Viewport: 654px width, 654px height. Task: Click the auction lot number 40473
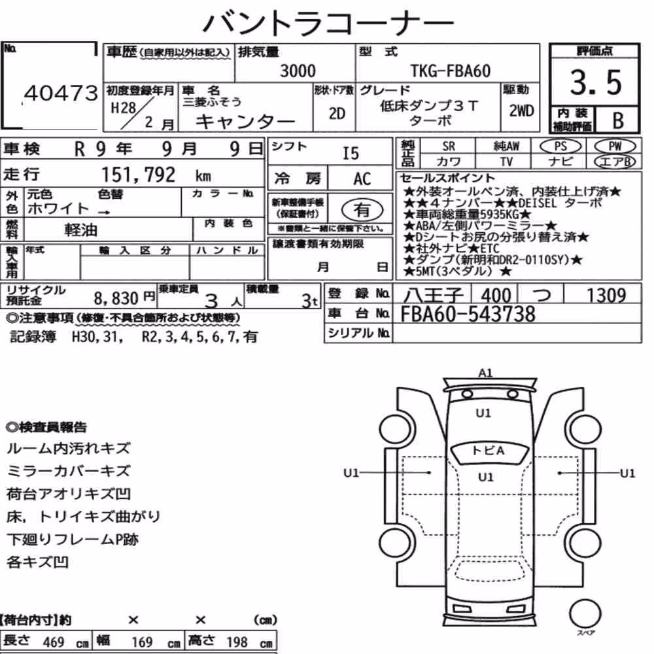[61, 93]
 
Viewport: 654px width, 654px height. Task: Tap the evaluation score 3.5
[596, 82]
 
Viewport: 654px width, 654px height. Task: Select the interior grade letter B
[618, 120]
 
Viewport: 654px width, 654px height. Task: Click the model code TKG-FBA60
[451, 71]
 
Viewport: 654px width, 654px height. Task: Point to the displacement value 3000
[298, 71]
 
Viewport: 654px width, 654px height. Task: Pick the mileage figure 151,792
[139, 175]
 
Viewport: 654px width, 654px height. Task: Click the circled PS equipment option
[560, 146]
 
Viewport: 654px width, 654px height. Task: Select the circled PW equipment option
[615, 146]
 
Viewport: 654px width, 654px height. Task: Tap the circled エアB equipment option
[615, 162]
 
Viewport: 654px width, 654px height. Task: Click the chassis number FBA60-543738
[468, 314]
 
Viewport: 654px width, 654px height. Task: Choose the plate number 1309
[606, 296]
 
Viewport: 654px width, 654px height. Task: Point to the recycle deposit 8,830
[116, 298]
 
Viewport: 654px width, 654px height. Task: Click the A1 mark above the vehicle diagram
[485, 373]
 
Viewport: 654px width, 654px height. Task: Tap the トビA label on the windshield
[489, 451]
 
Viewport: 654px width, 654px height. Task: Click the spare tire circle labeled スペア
[585, 614]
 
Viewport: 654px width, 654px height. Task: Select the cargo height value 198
[237, 642]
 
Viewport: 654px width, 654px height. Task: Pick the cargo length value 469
[54, 642]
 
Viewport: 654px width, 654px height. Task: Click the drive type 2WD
[521, 111]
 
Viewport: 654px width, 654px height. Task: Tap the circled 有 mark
[362, 210]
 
